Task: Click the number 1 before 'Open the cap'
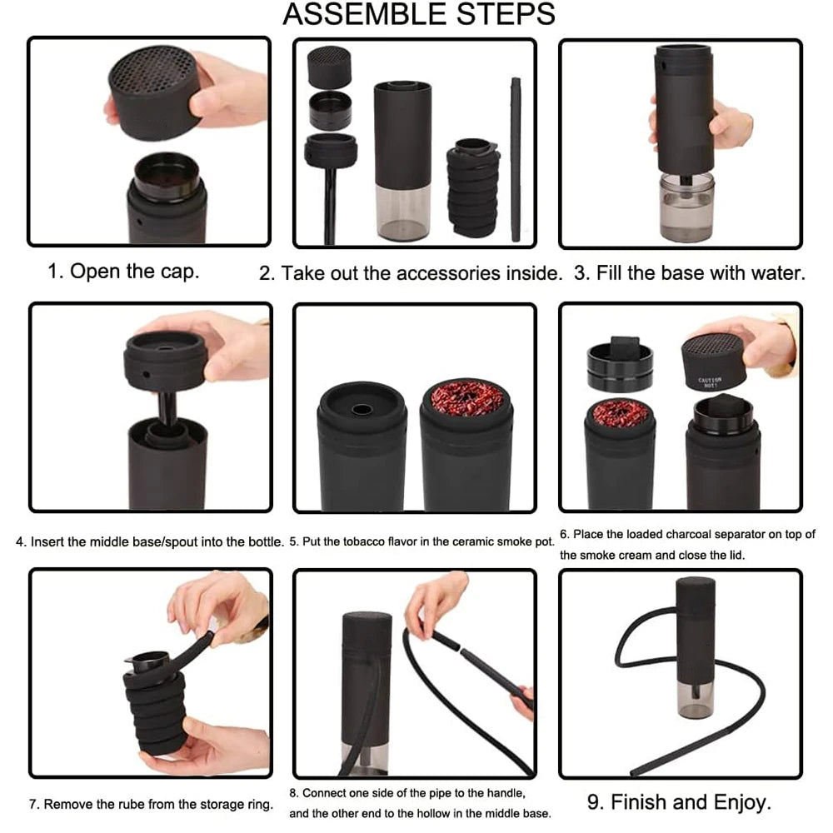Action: pos(54,272)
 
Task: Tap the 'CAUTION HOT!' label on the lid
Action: pos(710,382)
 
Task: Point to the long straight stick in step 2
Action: pos(516,158)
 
